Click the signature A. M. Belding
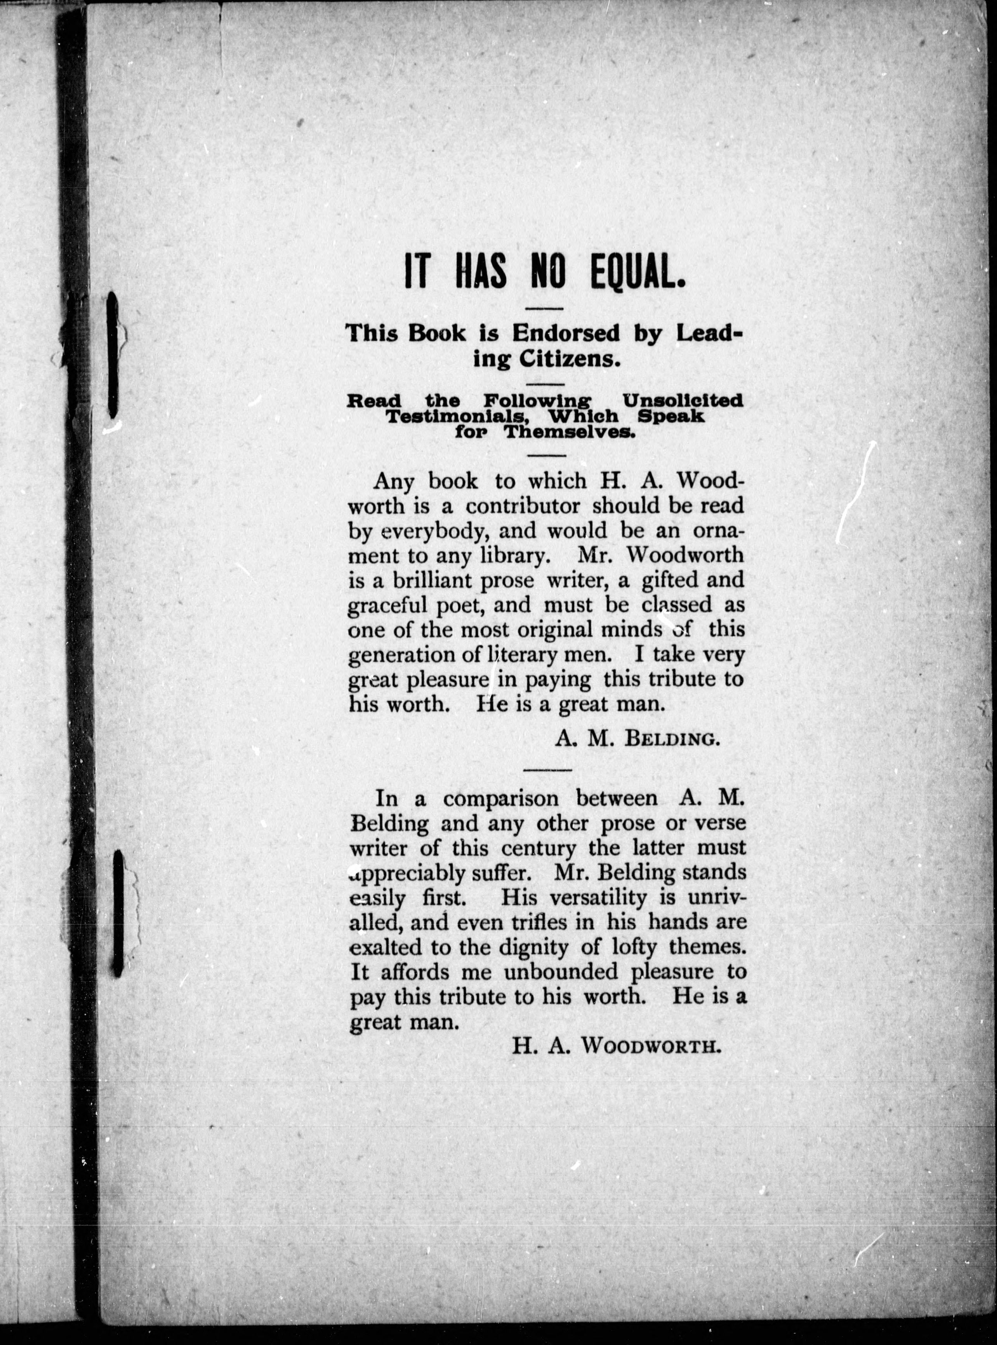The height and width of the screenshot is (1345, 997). [x=637, y=738]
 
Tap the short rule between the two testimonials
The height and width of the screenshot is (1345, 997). [x=547, y=770]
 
